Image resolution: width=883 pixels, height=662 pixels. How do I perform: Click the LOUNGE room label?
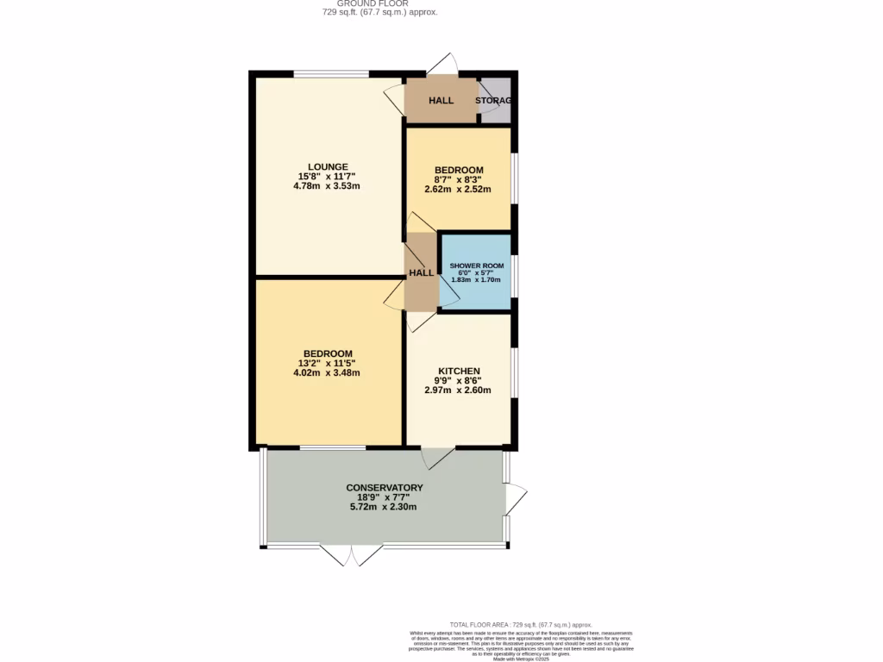(329, 166)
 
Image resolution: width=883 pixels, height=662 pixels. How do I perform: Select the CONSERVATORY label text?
(384, 488)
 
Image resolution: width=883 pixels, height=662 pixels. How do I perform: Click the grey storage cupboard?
(496, 100)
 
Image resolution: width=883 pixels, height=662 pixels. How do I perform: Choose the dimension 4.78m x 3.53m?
(329, 186)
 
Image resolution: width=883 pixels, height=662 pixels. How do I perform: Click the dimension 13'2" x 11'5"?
(327, 363)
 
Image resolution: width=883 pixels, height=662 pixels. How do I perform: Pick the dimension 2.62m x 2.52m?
(458, 190)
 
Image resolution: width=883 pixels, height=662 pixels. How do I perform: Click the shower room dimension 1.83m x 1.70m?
(476, 280)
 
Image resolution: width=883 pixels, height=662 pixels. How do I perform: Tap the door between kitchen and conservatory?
(439, 457)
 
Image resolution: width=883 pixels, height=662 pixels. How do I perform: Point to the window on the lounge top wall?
(331, 73)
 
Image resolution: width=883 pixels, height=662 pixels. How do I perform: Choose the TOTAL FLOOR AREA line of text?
(521, 624)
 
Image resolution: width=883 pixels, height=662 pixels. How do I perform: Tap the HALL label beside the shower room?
(422, 272)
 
